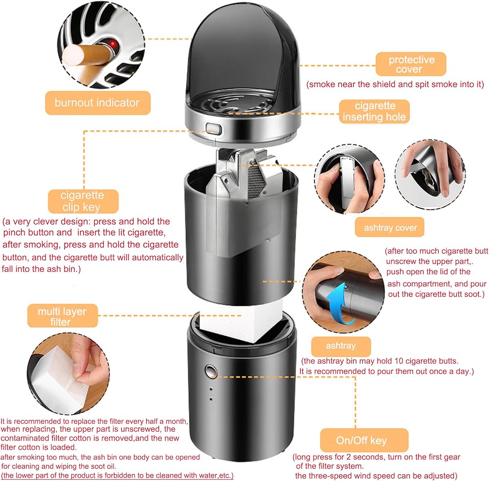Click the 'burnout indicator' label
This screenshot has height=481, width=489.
coord(97,103)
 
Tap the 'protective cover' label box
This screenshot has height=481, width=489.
coord(411,65)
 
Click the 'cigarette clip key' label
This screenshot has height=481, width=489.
coord(83,201)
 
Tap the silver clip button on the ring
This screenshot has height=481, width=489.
coord(213,129)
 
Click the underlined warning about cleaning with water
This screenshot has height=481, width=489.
coord(117,475)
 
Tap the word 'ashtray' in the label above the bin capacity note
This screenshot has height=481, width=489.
coord(340,346)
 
